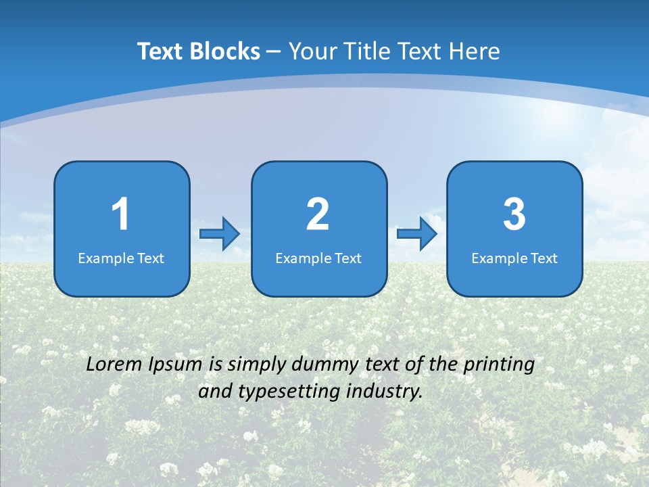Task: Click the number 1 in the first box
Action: point(120,214)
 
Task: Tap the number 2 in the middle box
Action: point(318,214)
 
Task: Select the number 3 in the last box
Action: point(514,214)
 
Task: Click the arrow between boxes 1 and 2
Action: point(220,233)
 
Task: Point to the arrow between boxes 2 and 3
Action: point(417,233)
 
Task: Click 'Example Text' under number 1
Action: point(121,258)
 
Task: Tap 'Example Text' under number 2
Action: point(318,258)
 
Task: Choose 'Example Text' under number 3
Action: point(514,258)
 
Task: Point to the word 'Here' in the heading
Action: point(474,51)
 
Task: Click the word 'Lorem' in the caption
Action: point(114,364)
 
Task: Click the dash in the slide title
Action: point(274,51)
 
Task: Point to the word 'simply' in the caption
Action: point(255,365)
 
